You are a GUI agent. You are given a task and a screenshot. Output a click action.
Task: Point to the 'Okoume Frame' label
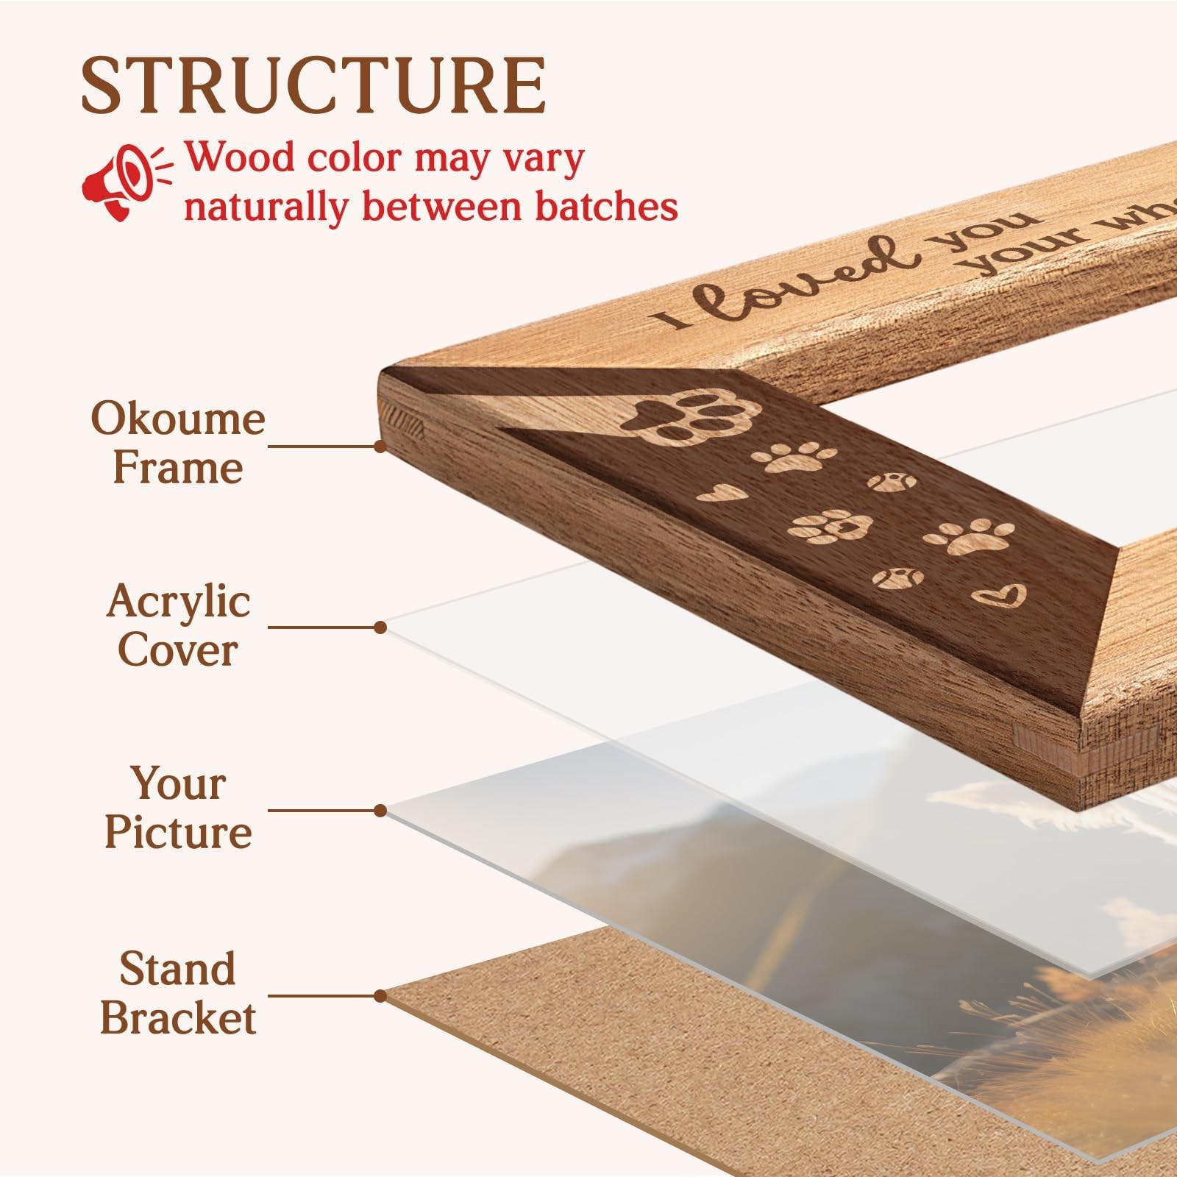(178, 444)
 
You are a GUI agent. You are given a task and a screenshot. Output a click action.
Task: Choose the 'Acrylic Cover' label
(178, 626)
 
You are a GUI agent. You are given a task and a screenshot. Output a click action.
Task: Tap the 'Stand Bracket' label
(178, 993)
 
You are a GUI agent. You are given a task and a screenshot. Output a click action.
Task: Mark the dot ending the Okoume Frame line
(380, 446)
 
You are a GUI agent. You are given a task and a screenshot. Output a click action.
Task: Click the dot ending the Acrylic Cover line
(380, 627)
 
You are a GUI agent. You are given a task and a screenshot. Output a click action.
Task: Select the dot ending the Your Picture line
(380, 811)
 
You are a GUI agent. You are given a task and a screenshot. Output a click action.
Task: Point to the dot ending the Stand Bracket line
(380, 996)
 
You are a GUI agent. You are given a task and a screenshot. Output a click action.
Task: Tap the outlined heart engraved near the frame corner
(998, 595)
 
